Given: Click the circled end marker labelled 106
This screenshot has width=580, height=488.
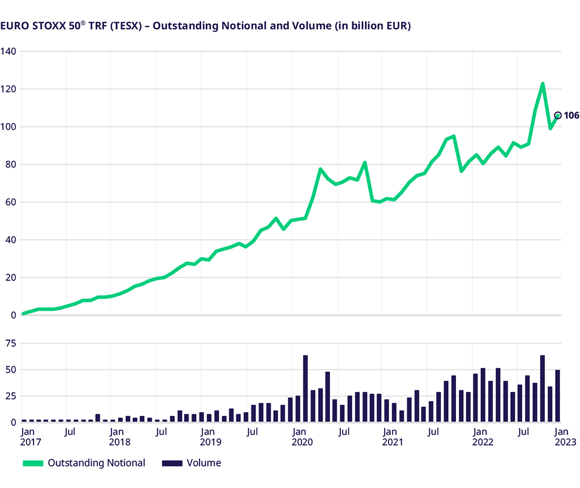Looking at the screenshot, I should coord(557,115).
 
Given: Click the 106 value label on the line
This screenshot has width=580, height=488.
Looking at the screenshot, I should coord(571,115).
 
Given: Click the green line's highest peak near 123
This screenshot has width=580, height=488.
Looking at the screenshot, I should coord(543,84).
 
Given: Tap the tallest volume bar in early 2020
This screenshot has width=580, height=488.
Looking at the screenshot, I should coord(305,388).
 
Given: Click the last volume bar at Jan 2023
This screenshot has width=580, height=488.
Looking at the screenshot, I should coord(557,396).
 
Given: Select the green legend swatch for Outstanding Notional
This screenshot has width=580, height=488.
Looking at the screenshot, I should coord(32,463).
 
